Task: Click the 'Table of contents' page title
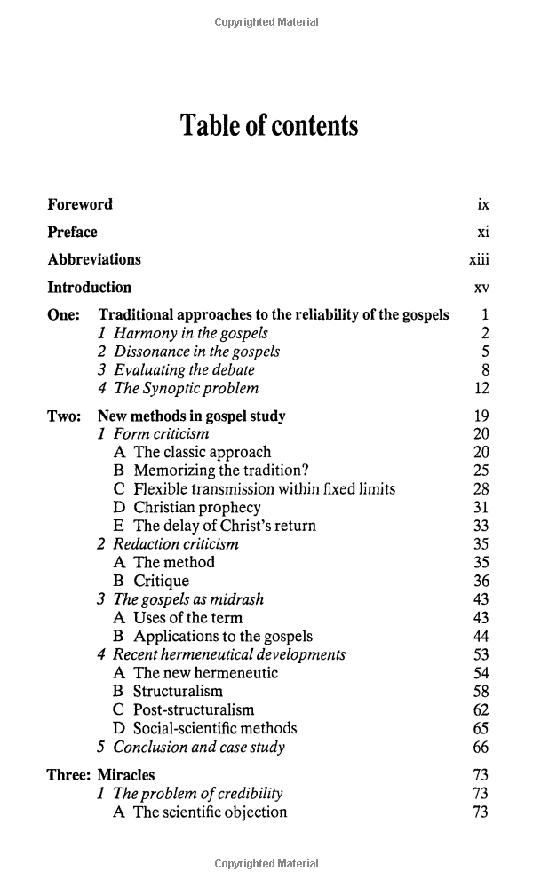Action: point(269,126)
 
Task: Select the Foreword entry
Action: point(80,204)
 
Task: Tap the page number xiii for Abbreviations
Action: point(479,259)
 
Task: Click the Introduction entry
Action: point(89,287)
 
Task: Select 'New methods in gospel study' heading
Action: point(192,416)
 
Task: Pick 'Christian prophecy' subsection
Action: point(197,507)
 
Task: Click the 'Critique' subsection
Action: point(161,581)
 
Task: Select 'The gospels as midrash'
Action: point(188,599)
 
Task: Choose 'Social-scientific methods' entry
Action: point(215,728)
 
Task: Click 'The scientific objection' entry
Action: point(210,812)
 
